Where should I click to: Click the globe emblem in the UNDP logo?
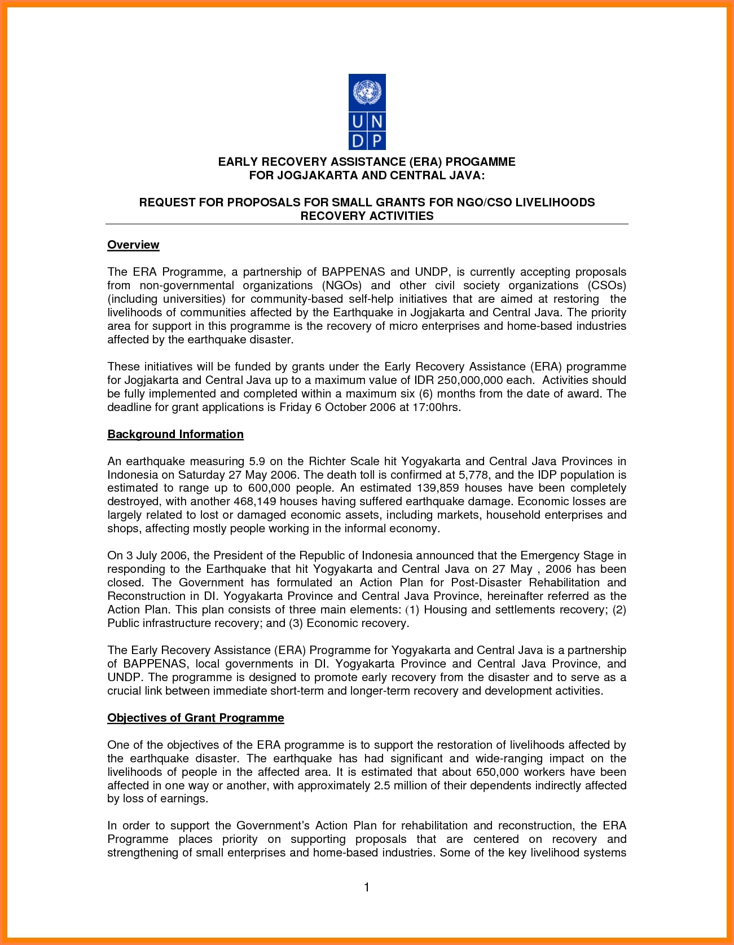pos(367,92)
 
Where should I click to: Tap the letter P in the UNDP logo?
pos(376,140)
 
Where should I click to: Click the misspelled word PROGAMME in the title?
pos(480,162)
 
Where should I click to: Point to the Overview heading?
pos(133,245)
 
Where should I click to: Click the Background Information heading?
pos(175,434)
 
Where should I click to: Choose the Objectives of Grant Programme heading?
pos(196,718)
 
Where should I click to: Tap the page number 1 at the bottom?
pos(367,887)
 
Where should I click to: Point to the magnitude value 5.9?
pos(257,461)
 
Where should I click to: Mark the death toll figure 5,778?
pos(473,475)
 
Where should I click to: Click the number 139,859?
pos(446,488)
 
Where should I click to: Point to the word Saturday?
pos(201,475)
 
